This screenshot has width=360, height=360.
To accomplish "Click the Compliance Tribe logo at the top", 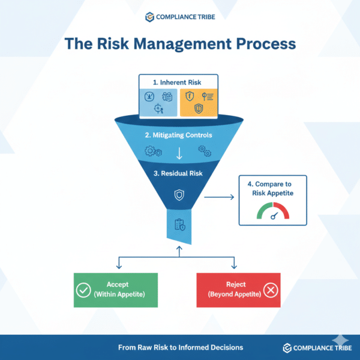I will [179, 16].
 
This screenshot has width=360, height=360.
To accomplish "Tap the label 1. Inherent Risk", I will [179, 82].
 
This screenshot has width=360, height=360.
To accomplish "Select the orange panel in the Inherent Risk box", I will [197, 101].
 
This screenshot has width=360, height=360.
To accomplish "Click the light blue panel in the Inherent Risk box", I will [158, 101].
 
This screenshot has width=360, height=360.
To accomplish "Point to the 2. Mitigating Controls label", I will [179, 135].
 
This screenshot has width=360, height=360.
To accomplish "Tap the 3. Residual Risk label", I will [179, 174].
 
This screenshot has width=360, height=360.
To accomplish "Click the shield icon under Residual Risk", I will [179, 195].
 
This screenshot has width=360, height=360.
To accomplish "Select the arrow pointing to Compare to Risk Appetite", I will [218, 196].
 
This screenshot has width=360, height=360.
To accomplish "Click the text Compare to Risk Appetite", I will [273, 189].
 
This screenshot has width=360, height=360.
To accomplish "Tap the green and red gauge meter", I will [273, 212].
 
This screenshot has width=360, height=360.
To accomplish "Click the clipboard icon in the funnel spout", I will [179, 225].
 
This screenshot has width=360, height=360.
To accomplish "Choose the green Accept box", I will [115, 290].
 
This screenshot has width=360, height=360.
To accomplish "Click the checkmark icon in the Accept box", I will [84, 290].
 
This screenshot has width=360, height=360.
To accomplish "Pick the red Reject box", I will [239, 290].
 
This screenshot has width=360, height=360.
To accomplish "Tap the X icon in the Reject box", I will [271, 290].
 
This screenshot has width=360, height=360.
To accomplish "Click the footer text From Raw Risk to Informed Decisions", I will [180, 347].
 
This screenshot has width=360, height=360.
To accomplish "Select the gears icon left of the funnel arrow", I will [152, 152].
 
